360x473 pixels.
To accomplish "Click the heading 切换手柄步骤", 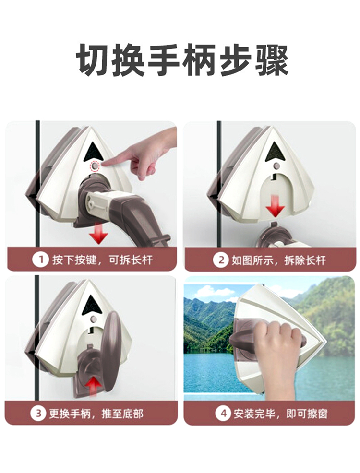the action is (182, 60).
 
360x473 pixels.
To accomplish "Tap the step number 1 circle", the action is (40, 260).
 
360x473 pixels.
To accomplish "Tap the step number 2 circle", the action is (221, 260).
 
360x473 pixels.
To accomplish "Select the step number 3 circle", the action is (38, 413).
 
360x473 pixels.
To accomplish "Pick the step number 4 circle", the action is (223, 413).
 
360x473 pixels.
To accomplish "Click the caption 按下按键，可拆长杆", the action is (103, 260).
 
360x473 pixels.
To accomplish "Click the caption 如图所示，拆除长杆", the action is (279, 260).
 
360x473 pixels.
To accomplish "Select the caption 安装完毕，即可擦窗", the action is (280, 414).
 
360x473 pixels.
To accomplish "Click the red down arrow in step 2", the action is (275, 206).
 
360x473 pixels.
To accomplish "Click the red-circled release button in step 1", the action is (95, 166).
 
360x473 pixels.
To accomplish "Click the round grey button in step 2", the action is (276, 166).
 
